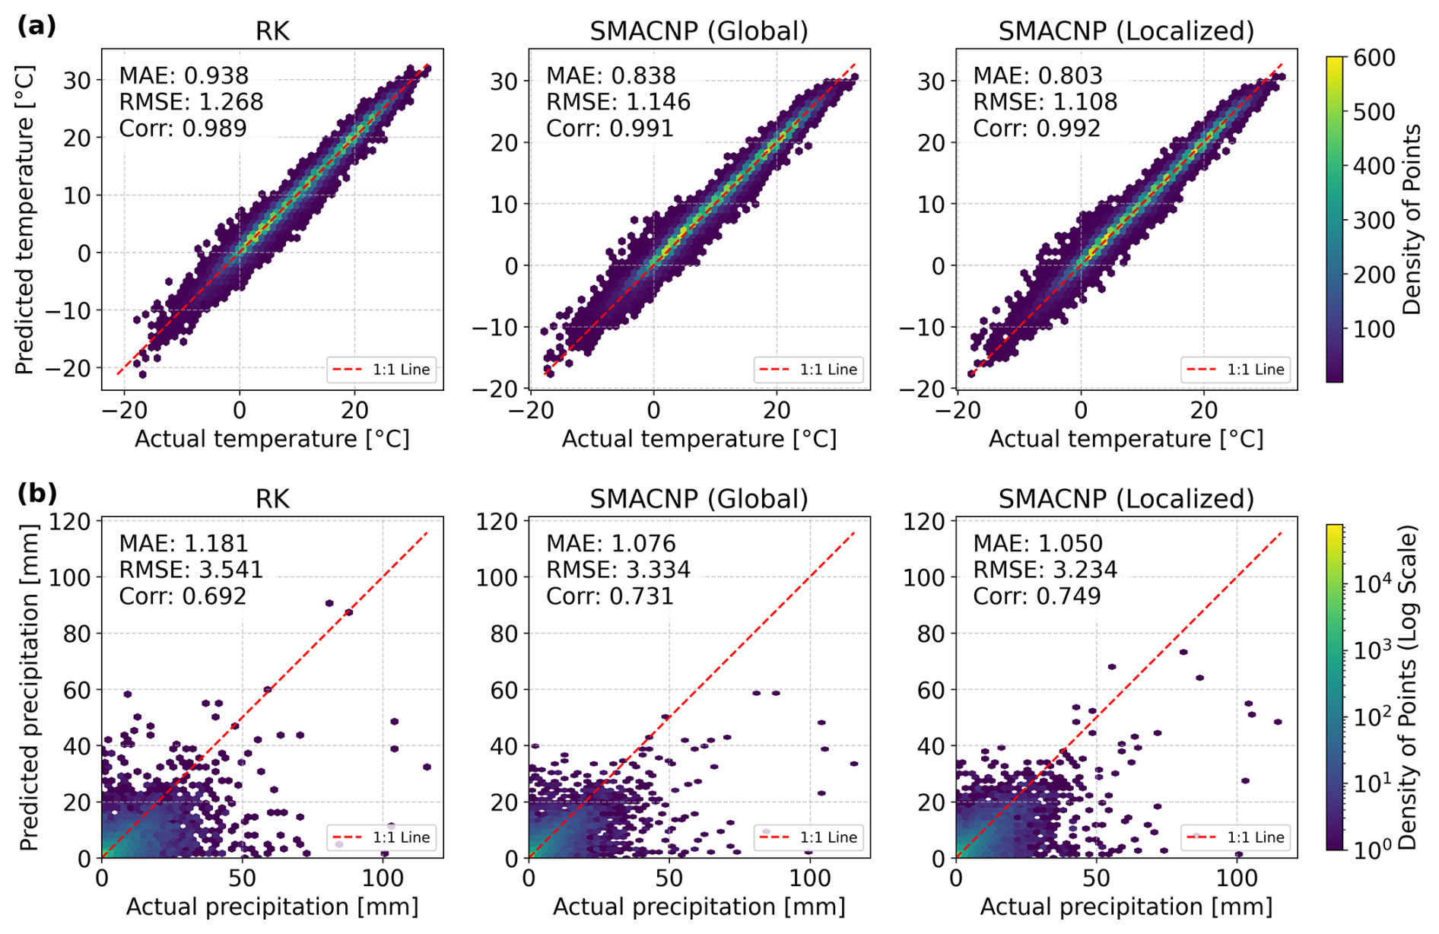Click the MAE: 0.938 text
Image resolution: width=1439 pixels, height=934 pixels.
point(184,75)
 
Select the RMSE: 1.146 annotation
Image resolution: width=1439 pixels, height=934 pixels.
point(618,102)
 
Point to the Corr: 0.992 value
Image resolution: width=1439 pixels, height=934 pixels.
point(1037,128)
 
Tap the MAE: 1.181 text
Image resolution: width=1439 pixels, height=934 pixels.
point(184,543)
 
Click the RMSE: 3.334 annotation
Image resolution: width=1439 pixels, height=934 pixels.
point(618,569)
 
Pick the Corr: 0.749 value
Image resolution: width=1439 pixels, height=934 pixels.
point(1037,596)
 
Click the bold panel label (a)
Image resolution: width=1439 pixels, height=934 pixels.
point(37,26)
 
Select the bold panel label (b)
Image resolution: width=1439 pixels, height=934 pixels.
point(37,494)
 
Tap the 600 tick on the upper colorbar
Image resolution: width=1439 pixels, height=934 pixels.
point(1374,58)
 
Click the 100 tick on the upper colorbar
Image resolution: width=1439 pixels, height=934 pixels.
point(1374,329)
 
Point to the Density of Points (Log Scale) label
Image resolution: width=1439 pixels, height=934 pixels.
point(1409,687)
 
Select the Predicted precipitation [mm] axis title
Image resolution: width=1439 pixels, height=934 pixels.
point(29,687)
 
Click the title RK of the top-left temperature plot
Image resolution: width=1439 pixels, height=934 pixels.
point(272,31)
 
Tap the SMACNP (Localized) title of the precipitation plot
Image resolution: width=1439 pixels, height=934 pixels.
point(1126,499)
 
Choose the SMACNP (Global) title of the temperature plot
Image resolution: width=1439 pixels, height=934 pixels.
point(699,31)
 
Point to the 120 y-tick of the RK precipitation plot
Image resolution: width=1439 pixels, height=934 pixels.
point(70,522)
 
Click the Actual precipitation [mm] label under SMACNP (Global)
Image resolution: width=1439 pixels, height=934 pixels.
point(699,907)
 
